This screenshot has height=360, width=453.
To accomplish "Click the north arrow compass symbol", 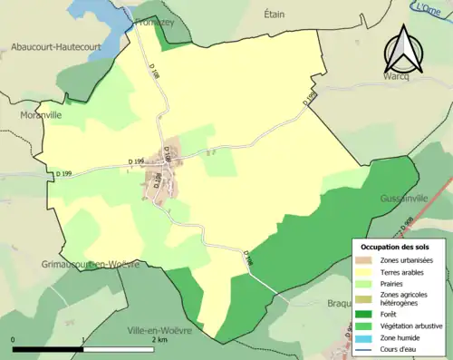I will tap(402, 50).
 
